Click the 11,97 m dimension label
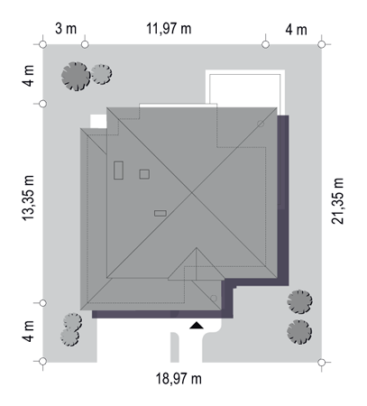[x=169, y=29]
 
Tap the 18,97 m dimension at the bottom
[x=179, y=378]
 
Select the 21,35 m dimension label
[x=337, y=201]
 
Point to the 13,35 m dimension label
[x=28, y=198]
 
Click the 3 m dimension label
[x=66, y=29]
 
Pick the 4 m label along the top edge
[x=296, y=30]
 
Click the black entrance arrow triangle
[x=197, y=325]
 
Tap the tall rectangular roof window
[x=118, y=171]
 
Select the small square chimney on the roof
[x=144, y=174]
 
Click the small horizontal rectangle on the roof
[x=161, y=213]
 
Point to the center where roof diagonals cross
[x=192, y=192]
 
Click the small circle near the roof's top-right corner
[x=261, y=124]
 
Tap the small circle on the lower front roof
[x=214, y=299]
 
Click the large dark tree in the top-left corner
[x=76, y=77]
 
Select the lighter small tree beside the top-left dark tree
[x=102, y=74]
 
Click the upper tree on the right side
[x=299, y=302]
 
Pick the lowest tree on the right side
[x=299, y=332]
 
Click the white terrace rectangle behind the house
[x=245, y=88]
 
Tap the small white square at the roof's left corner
[x=98, y=121]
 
